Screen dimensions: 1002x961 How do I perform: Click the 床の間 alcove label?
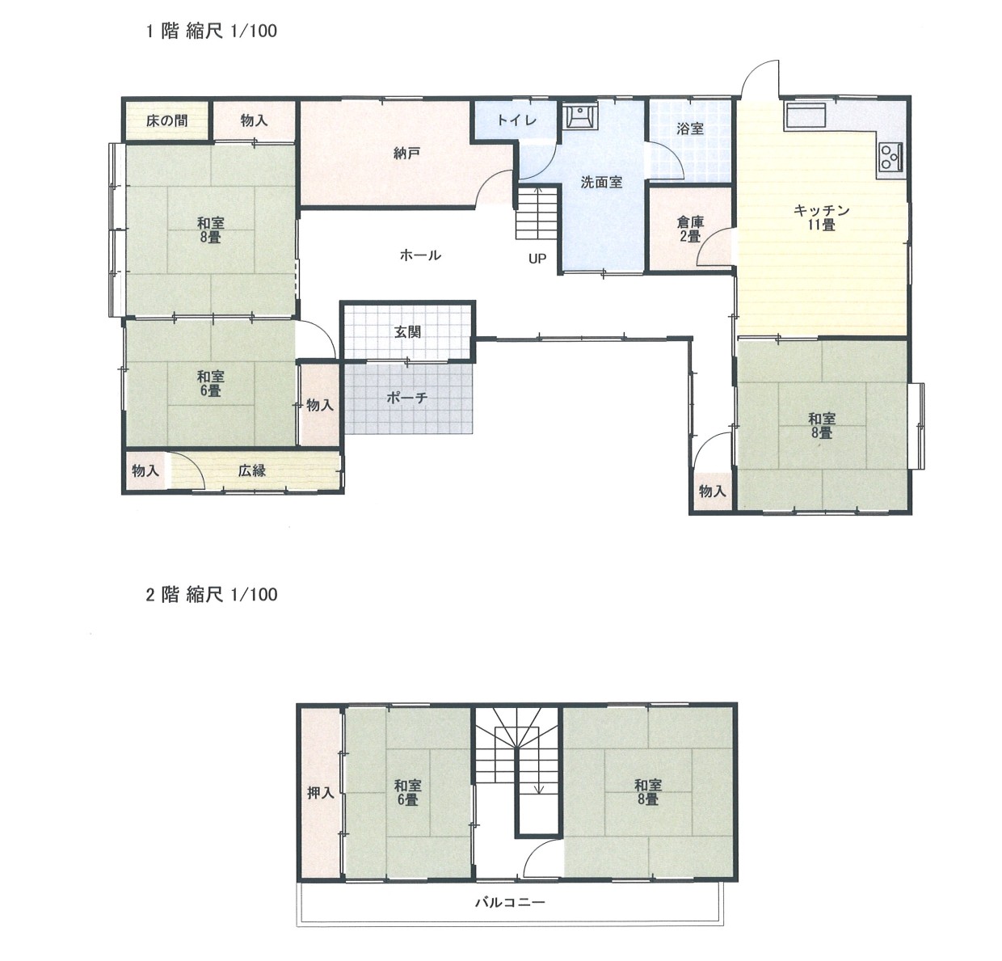click(166, 121)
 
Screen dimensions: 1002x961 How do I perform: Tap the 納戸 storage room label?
click(406, 153)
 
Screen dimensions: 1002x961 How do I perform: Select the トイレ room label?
click(516, 120)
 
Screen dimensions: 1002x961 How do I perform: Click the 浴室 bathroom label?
click(690, 129)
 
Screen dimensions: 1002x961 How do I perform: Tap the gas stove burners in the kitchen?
click(890, 157)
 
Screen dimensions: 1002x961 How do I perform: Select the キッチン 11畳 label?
click(821, 217)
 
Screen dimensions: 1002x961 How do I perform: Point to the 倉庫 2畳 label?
click(690, 230)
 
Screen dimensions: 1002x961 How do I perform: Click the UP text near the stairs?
click(537, 259)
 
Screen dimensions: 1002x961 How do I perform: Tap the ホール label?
click(420, 255)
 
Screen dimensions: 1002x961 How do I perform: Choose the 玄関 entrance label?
click(408, 332)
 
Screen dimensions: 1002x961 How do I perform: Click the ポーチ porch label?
click(406, 398)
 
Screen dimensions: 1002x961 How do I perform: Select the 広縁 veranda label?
click(252, 470)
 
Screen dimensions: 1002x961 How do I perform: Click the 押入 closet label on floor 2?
click(321, 793)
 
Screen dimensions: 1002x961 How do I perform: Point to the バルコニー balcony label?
click(510, 902)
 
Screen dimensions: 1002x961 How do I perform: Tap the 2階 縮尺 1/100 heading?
click(212, 595)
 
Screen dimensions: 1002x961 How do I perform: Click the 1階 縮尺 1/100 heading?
click(212, 31)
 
